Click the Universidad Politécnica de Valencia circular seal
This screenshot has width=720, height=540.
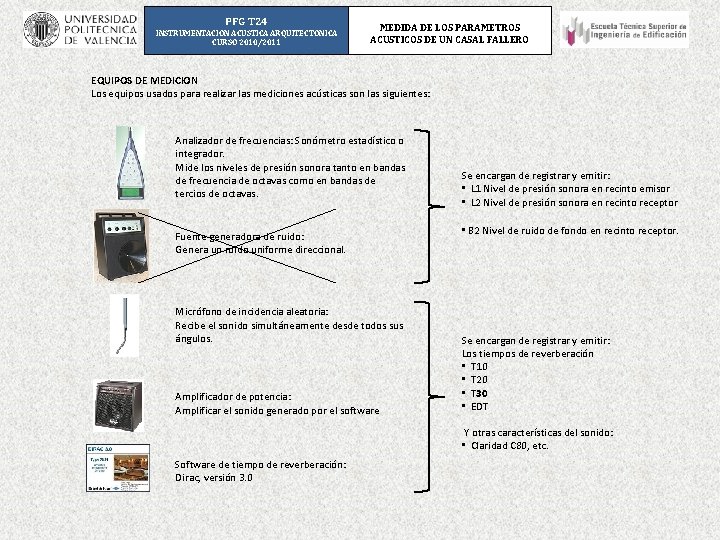pos(41,30)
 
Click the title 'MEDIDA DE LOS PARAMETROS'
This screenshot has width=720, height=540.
pos(449,27)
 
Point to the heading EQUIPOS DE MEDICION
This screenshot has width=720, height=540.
pos(144,79)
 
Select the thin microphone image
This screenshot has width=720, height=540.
pos(124,325)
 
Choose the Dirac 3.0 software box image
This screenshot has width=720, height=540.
pos(117,468)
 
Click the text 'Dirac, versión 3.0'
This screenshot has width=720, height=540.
pos(214,478)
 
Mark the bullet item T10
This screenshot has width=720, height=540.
pos(479,367)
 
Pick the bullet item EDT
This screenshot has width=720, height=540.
pos(479,406)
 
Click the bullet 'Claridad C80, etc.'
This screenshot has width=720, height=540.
pos(509,446)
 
